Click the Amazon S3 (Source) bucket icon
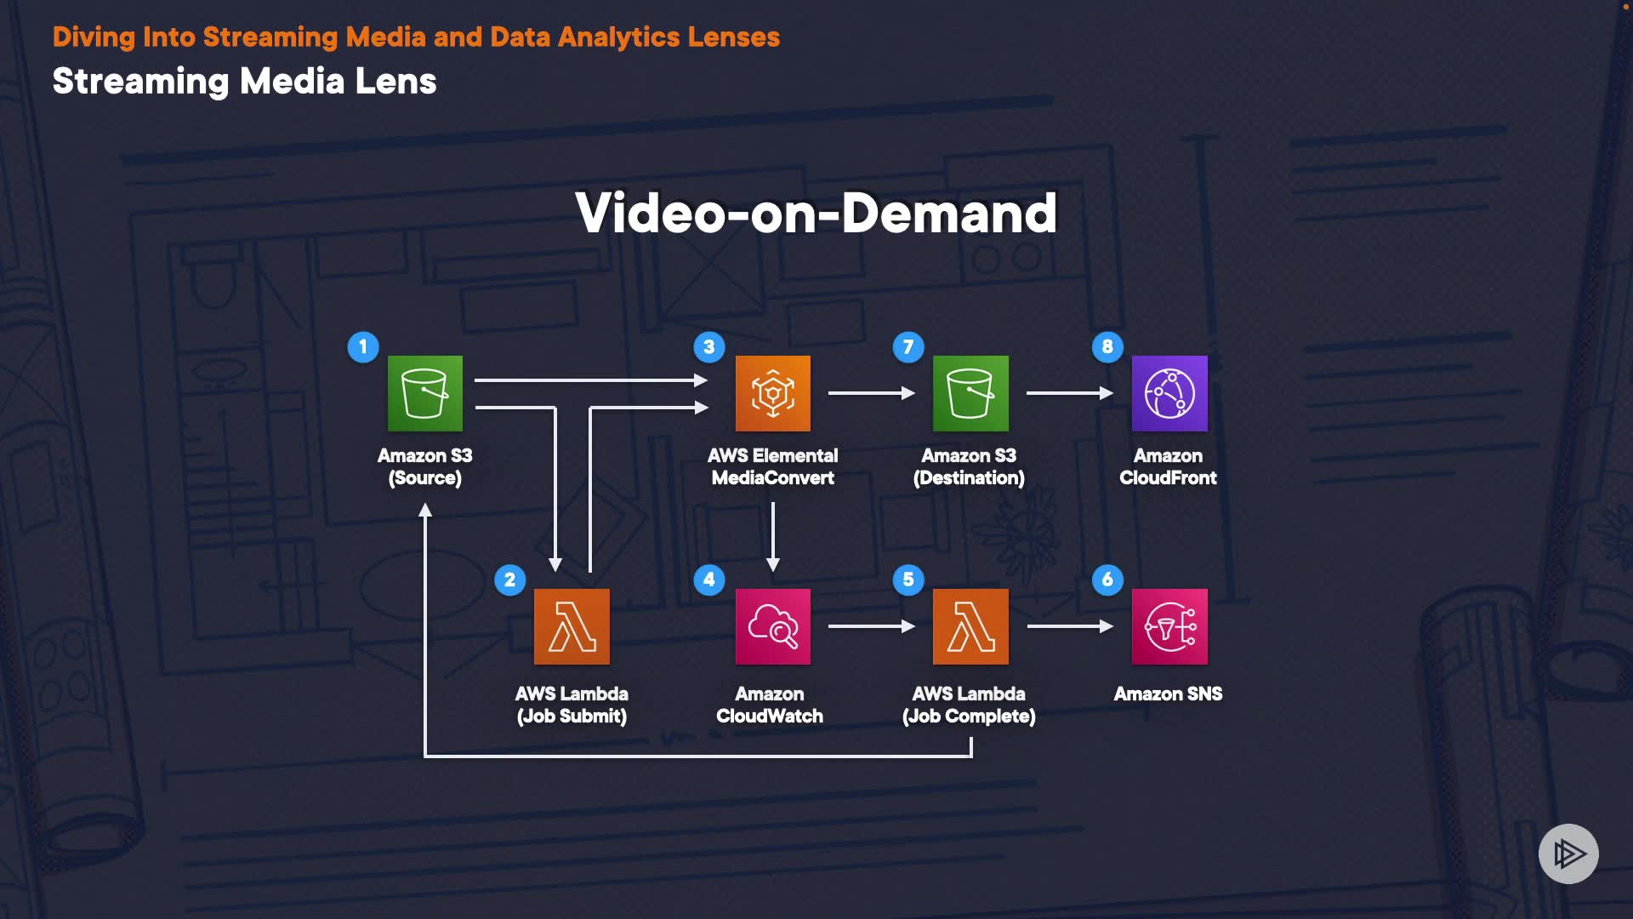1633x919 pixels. click(425, 393)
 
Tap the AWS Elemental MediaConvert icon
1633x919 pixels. click(772, 393)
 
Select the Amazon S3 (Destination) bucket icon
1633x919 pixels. click(970, 393)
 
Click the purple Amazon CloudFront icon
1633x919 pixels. click(1169, 393)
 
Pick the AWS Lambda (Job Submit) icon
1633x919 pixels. click(572, 626)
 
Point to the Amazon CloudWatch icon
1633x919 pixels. click(772, 626)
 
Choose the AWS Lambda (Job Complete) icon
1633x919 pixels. click(970, 626)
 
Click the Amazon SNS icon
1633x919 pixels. click(1169, 626)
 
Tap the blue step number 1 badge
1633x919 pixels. click(363, 346)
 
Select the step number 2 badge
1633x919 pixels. click(510, 579)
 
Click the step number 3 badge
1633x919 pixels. click(709, 346)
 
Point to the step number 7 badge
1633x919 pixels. click(908, 346)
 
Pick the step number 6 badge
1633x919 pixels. click(1107, 579)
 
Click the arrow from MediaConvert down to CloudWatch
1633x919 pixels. click(772, 536)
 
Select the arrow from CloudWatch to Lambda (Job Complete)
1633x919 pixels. click(871, 626)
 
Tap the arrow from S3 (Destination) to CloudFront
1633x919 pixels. click(1069, 393)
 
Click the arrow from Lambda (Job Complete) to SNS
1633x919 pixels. click(1069, 626)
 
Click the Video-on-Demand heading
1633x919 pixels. click(816, 213)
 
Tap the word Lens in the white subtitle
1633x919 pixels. click(395, 82)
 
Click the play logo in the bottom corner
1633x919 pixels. click(1568, 853)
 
